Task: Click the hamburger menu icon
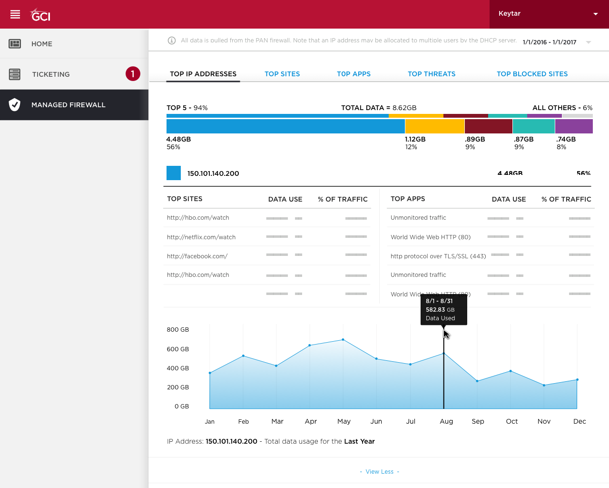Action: [x=15, y=14]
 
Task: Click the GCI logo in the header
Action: [x=40, y=15]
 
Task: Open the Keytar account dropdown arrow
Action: [x=595, y=14]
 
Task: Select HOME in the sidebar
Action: [x=42, y=44]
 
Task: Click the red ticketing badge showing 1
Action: [x=133, y=74]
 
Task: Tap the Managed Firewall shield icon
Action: [x=15, y=105]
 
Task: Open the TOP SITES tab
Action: [x=282, y=74]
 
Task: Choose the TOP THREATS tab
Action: [x=432, y=74]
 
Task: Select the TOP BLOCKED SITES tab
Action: [x=532, y=74]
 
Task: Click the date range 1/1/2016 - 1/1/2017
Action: [x=550, y=42]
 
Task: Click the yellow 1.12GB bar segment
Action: [x=434, y=126]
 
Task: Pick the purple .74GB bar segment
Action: [x=574, y=126]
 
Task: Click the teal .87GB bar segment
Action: [x=533, y=126]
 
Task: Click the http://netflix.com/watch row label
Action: [x=201, y=237]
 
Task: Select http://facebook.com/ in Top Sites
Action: [x=197, y=256]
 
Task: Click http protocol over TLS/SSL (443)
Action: [x=438, y=256]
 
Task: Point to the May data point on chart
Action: [x=343, y=340]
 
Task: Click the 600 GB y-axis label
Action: [x=178, y=349]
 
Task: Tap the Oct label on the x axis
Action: [x=512, y=422]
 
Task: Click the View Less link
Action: [x=379, y=472]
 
